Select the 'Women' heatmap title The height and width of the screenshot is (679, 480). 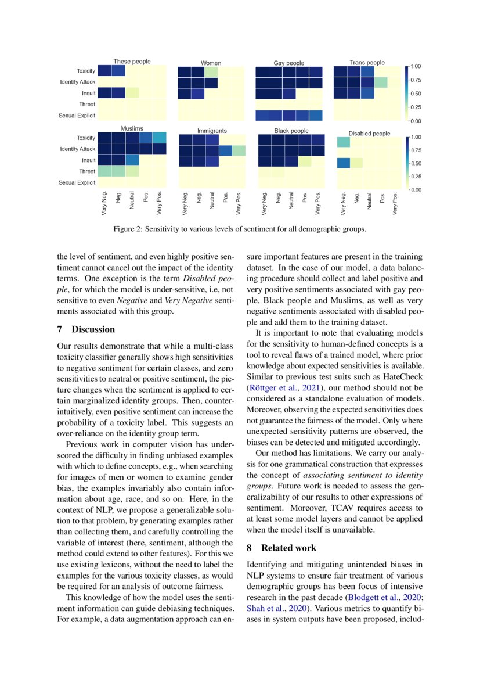click(x=211, y=63)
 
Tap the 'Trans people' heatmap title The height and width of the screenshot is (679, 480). click(x=367, y=62)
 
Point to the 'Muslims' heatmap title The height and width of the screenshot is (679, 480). click(x=132, y=128)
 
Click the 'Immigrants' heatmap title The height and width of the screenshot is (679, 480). click(x=212, y=131)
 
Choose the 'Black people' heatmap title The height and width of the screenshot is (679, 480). click(x=291, y=131)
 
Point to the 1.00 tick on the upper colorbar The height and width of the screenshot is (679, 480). click(x=416, y=66)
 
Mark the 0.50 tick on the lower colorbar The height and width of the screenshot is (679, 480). click(x=416, y=163)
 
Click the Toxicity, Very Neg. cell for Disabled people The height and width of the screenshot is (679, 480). click(x=343, y=142)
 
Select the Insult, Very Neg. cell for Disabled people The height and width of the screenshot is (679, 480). click(x=343, y=162)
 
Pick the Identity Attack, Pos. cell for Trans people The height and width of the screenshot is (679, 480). click(x=381, y=82)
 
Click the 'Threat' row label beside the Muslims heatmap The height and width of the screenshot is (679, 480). click(x=87, y=171)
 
